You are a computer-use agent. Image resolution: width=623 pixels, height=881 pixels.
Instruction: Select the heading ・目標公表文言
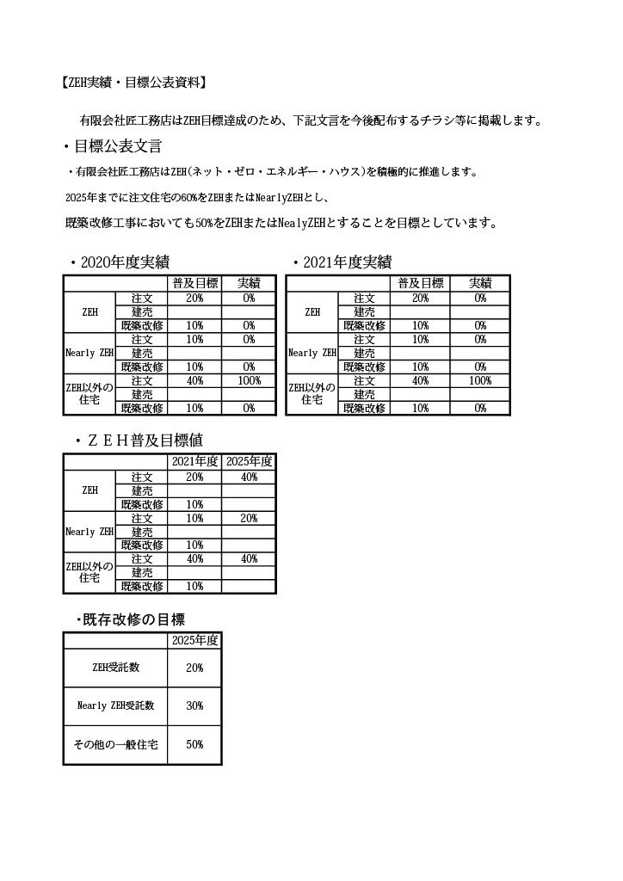click(x=112, y=146)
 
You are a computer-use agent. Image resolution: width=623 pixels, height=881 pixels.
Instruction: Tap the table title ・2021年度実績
click(x=342, y=262)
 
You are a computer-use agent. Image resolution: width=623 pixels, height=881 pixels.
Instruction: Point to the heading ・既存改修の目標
click(x=129, y=619)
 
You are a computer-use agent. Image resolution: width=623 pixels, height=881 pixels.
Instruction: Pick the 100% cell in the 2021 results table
click(x=480, y=380)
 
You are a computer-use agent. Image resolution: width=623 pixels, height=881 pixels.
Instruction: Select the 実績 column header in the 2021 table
click(x=480, y=283)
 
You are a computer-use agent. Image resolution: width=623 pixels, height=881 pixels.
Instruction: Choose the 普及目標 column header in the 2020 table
click(x=194, y=283)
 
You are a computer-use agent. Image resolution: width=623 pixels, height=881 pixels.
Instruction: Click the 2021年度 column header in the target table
click(x=194, y=462)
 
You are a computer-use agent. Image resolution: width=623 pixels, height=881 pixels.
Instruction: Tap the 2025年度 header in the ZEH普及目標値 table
click(x=249, y=462)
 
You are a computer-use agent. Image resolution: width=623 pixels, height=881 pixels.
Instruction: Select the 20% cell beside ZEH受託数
click(x=194, y=668)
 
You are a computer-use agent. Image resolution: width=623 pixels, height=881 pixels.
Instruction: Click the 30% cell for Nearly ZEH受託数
click(x=194, y=705)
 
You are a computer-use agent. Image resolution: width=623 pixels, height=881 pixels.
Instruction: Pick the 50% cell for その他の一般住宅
click(x=194, y=745)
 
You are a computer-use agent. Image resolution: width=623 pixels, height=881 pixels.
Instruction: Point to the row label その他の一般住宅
click(x=115, y=745)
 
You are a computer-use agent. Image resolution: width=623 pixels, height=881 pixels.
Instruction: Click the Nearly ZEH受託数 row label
click(x=115, y=705)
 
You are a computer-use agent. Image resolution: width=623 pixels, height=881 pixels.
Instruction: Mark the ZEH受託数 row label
click(x=115, y=668)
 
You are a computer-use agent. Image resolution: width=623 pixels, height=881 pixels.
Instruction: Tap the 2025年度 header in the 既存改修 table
click(x=194, y=640)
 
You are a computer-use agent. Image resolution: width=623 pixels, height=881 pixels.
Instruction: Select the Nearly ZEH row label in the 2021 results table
click(x=312, y=353)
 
